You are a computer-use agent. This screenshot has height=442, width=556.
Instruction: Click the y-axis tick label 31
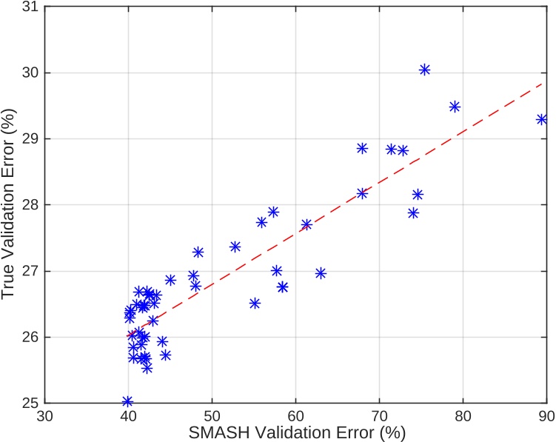[32, 7]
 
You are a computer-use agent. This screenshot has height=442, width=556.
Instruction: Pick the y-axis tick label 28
[32, 205]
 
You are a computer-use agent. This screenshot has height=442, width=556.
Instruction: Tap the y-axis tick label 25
[32, 403]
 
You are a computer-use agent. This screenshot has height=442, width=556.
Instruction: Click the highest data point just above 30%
[425, 70]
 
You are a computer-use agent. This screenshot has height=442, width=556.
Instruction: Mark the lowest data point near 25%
[127, 401]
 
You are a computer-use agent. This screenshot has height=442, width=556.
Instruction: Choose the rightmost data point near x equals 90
[542, 119]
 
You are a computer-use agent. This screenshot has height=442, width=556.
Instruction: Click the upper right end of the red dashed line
[545, 84]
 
